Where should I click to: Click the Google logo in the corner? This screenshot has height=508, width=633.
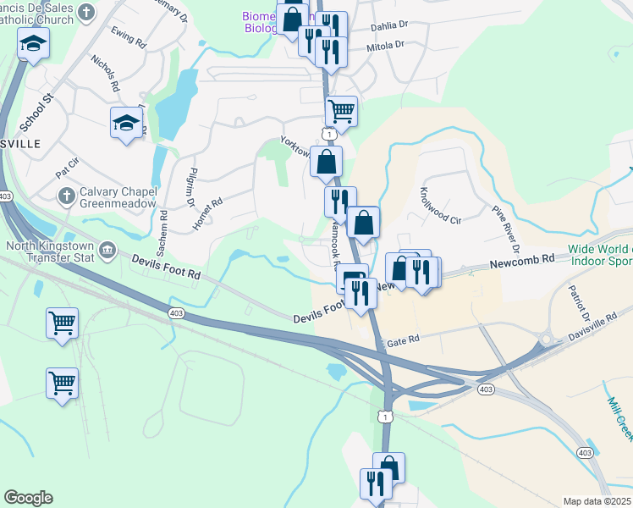[x=28, y=498]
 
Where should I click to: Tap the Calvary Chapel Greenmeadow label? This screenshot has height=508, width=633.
[x=118, y=197]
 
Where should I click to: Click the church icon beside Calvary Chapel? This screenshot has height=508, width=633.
[x=67, y=196]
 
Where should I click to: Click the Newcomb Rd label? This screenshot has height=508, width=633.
[x=521, y=264]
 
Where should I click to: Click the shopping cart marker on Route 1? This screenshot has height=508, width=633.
[x=341, y=111]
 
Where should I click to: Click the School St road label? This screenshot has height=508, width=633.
[x=36, y=111]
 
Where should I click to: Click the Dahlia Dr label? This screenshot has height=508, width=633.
[x=390, y=26]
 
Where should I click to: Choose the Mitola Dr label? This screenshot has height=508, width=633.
[x=385, y=44]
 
